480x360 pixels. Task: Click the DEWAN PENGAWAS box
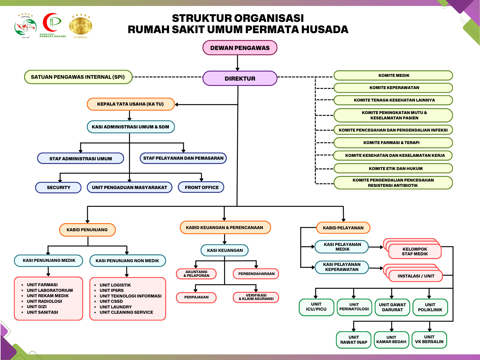pyautogui.click(x=240, y=48)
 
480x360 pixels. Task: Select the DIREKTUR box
pyautogui.click(x=240, y=78)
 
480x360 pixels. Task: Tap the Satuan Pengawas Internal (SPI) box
pyautogui.click(x=78, y=77)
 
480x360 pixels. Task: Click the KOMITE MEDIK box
pyautogui.click(x=393, y=75)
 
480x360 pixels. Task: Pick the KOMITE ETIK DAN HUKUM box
pyautogui.click(x=393, y=168)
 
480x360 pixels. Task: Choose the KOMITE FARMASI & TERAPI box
pyautogui.click(x=393, y=142)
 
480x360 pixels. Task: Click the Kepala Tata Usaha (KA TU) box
pyautogui.click(x=131, y=104)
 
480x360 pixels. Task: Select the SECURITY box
pyautogui.click(x=58, y=187)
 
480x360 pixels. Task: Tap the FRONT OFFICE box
pyautogui.click(x=201, y=187)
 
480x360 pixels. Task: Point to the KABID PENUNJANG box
pyautogui.click(x=87, y=230)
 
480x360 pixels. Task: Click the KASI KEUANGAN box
pyautogui.click(x=225, y=250)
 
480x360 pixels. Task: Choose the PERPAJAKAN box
pyautogui.click(x=196, y=297)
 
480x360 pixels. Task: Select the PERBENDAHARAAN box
pyautogui.click(x=256, y=274)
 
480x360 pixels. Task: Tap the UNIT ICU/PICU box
pyautogui.click(x=316, y=307)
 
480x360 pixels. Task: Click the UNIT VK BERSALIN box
pyautogui.click(x=429, y=339)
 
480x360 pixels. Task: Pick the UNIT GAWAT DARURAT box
pyautogui.click(x=392, y=307)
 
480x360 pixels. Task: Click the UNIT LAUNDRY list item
pyautogui.click(x=116, y=307)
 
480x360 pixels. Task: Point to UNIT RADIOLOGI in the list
pyautogui.click(x=44, y=301)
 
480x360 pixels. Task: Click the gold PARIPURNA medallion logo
pyautogui.click(x=80, y=26)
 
